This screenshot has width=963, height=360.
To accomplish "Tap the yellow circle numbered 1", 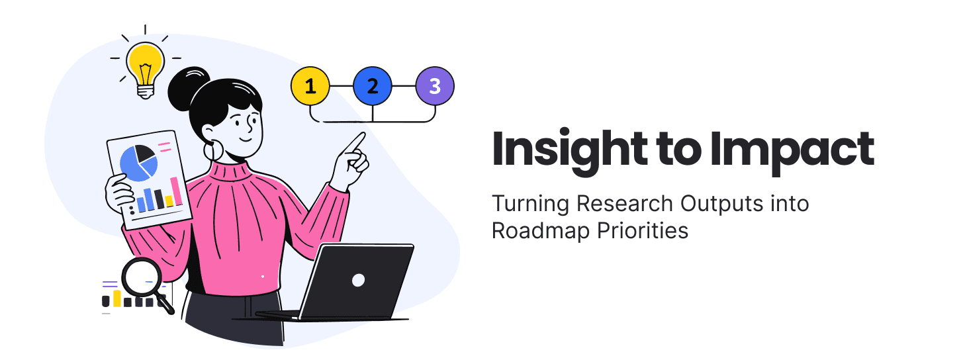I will pyautogui.click(x=310, y=87).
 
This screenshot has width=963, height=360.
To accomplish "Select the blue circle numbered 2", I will pyautogui.click(x=372, y=87).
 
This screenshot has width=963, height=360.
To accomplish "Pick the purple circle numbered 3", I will pyautogui.click(x=435, y=87).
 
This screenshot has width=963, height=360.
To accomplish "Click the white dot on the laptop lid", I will pyautogui.click(x=358, y=280).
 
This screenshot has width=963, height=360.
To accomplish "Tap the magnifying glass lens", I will pyautogui.click(x=141, y=277).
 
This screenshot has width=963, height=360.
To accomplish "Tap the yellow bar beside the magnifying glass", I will pyautogui.click(x=117, y=298).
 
